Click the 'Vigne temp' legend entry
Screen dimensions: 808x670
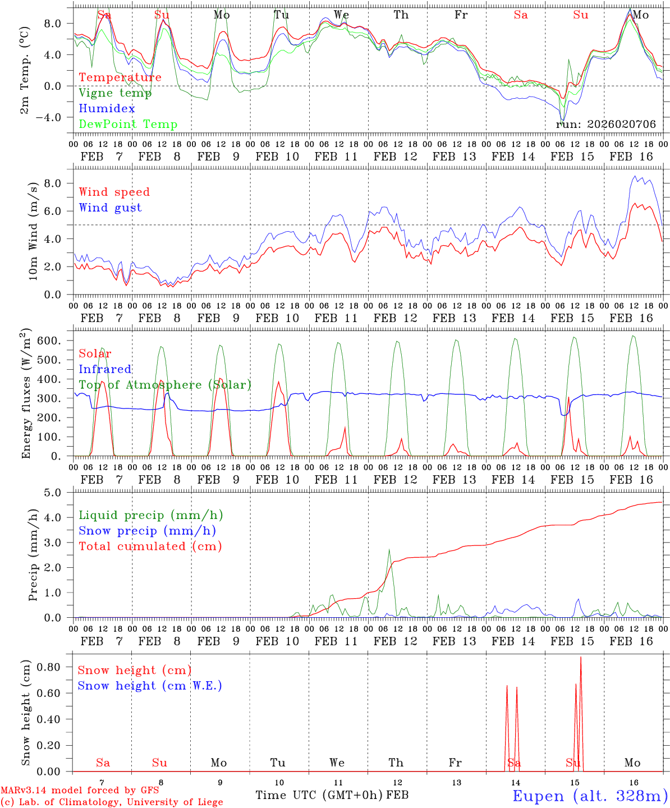[115, 93]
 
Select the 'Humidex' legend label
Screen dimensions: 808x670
[107, 109]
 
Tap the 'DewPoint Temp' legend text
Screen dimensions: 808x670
[128, 125]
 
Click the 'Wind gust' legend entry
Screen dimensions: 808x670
[110, 208]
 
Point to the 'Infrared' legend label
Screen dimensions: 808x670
[105, 369]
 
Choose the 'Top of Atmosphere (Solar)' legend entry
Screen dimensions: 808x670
[164, 385]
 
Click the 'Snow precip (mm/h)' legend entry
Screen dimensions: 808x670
[147, 531]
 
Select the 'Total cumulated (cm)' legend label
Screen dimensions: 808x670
[150, 547]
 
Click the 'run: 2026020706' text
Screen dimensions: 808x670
[605, 125]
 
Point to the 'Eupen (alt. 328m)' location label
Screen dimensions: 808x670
[590, 796]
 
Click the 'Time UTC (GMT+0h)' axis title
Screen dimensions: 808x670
[319, 795]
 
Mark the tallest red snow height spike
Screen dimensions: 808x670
[581, 658]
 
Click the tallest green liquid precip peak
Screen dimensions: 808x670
[389, 550]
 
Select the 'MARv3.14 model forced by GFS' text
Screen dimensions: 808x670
[80, 791]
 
